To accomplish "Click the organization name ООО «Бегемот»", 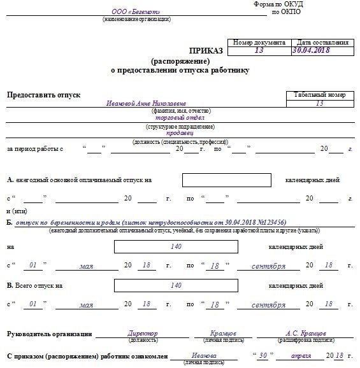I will point(136,12).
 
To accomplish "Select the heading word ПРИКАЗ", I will point(206,50).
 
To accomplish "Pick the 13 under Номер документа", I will point(257,50).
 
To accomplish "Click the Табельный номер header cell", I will point(319,95).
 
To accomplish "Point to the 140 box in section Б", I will point(176,246).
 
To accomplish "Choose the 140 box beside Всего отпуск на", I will point(176,286).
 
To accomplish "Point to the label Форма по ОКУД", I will point(278,4).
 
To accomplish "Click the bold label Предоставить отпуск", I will point(43,95).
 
